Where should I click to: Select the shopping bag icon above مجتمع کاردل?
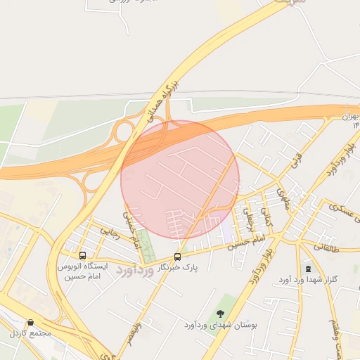coord(30,321)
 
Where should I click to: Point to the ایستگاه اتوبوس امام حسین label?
coord(84,272)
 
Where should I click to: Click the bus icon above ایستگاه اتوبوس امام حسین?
coord(83,256)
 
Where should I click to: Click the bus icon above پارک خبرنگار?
coord(177,257)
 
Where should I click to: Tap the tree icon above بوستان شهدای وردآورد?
coord(221,314)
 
